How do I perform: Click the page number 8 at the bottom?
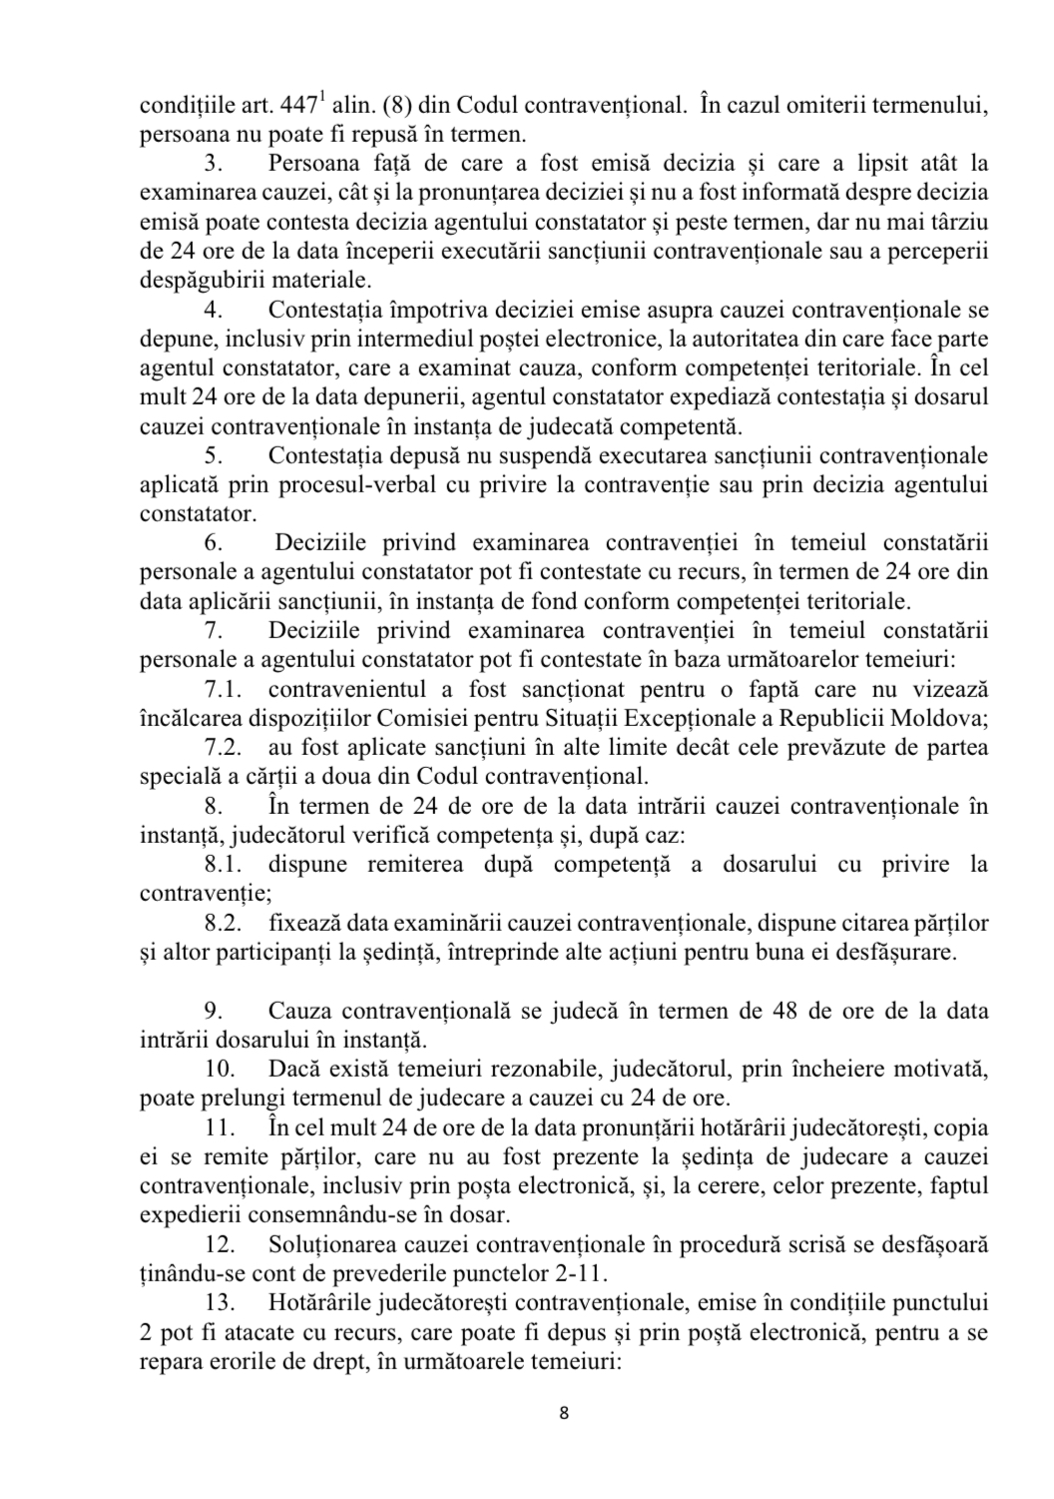click(x=565, y=1413)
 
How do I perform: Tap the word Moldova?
click(x=945, y=718)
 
